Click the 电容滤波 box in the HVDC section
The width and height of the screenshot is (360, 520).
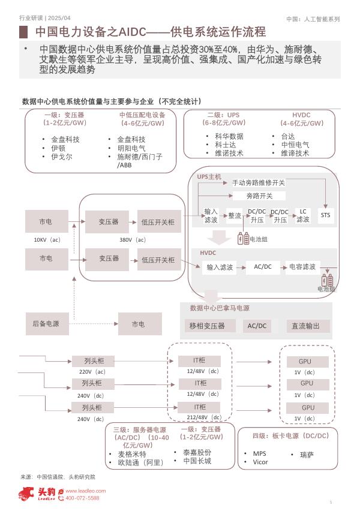[x=302, y=267]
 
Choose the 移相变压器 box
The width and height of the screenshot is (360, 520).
[x=207, y=326]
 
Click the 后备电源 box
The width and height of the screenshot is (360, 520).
[x=46, y=324]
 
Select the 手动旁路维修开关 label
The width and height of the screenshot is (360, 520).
[x=259, y=182]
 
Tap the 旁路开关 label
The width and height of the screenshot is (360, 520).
[x=259, y=196]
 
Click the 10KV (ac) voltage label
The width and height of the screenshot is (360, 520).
[x=47, y=240]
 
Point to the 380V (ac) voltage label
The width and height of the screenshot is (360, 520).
[x=133, y=240]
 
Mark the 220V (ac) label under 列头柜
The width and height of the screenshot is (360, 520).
[x=92, y=372]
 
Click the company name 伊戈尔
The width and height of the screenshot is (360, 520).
[x=61, y=157]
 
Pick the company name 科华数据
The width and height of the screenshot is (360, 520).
[x=229, y=136]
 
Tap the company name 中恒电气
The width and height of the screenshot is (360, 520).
[x=295, y=145]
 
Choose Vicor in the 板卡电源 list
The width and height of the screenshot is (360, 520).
[x=260, y=462]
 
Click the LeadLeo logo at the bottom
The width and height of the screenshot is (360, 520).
[x=37, y=494]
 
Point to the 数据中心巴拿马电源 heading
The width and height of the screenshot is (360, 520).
[x=220, y=308]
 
